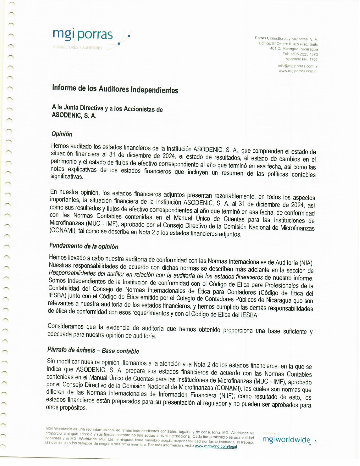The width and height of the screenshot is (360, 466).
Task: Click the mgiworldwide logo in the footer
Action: (x=286, y=440)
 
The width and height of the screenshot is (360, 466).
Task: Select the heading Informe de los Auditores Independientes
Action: (x=115, y=89)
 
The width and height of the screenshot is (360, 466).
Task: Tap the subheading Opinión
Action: (x=62, y=134)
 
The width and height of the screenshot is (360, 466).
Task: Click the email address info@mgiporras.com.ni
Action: (x=298, y=66)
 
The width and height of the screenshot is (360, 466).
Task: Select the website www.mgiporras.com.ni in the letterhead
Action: (x=298, y=71)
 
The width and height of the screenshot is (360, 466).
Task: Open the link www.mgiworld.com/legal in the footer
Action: (x=216, y=447)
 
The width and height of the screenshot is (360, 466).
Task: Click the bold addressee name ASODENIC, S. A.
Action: (x=74, y=116)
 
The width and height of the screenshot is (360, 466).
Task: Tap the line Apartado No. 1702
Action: (x=301, y=59)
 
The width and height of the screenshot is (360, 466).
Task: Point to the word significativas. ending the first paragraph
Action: (x=67, y=177)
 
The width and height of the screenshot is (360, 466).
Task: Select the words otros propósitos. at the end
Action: (x=66, y=408)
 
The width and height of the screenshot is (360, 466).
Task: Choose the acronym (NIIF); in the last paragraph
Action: (x=228, y=395)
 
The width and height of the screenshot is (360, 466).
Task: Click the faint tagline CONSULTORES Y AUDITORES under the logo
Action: (x=77, y=48)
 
